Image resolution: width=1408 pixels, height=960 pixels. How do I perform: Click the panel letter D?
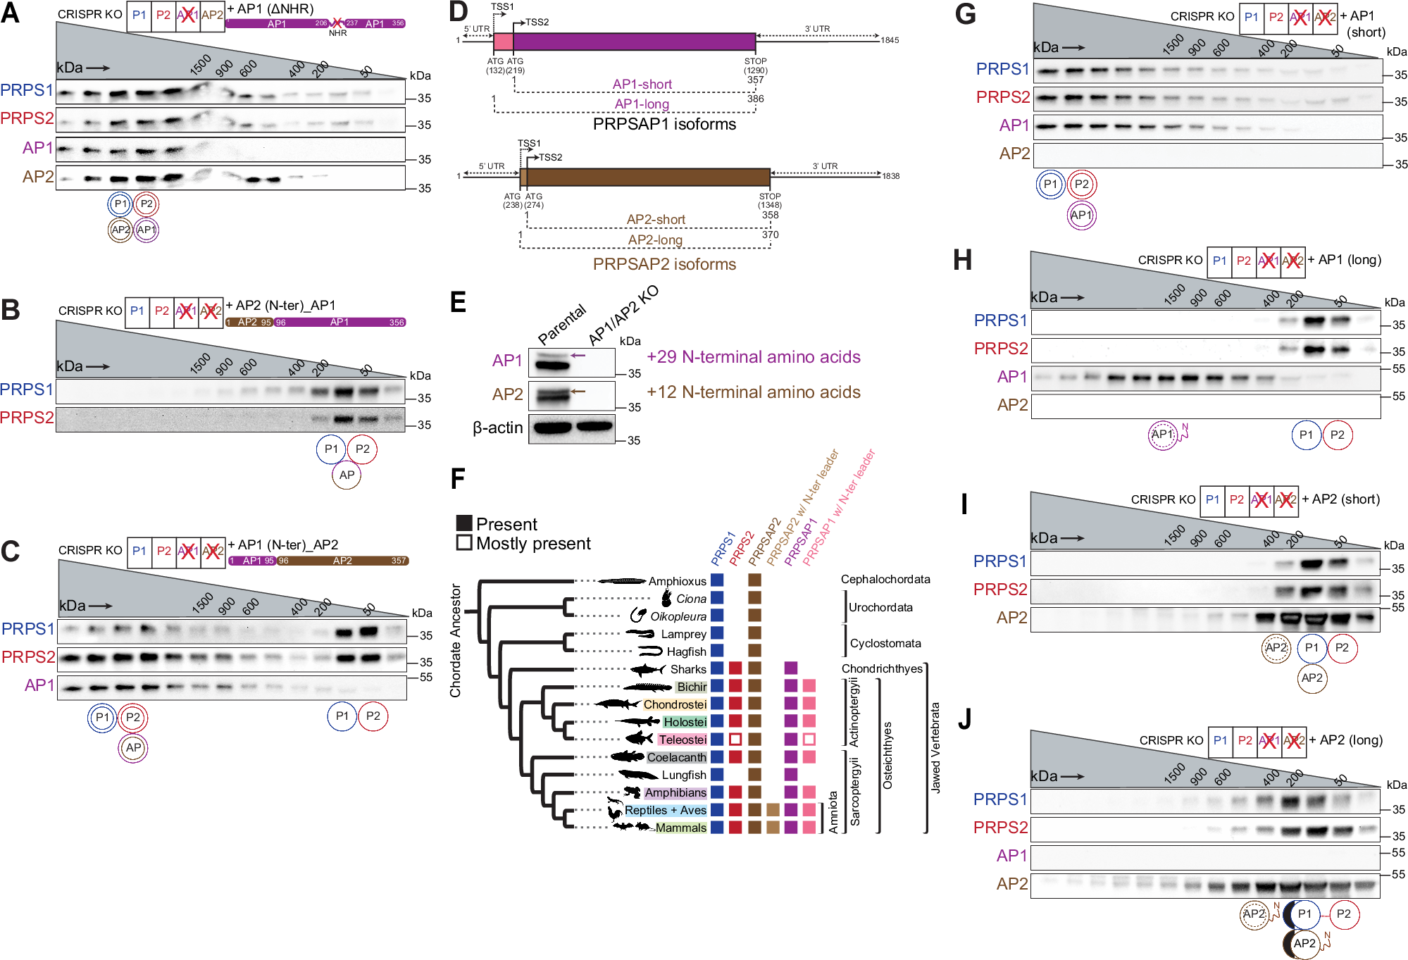tap(458, 12)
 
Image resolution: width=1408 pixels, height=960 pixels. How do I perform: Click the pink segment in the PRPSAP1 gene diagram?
tap(503, 41)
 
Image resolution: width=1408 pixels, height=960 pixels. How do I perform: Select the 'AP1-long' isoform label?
tap(642, 104)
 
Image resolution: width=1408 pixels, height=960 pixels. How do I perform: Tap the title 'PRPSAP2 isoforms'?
tap(664, 264)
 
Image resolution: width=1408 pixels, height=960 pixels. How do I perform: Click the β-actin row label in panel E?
tap(498, 428)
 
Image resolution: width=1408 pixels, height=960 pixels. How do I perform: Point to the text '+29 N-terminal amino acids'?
tap(754, 357)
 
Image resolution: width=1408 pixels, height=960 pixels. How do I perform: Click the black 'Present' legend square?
tap(464, 523)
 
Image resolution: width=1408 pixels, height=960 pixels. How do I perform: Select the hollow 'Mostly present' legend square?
tap(464, 542)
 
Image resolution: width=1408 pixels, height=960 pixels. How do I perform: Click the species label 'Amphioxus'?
tap(677, 581)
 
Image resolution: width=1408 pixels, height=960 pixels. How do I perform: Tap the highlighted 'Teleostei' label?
tap(682, 740)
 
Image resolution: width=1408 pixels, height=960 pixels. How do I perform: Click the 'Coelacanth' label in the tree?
tap(676, 757)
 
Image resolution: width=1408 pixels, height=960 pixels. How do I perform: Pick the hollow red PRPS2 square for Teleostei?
tap(735, 740)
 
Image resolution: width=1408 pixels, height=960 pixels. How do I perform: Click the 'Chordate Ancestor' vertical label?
tap(456, 640)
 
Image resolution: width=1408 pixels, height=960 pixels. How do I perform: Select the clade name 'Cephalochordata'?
tap(885, 579)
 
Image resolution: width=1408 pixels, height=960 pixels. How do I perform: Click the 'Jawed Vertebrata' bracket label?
tap(935, 748)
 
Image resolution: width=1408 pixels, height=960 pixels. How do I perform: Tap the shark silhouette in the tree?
tap(647, 669)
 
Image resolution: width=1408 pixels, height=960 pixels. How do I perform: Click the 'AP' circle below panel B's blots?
tap(347, 475)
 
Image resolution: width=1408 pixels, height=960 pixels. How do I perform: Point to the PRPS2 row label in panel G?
tap(1003, 97)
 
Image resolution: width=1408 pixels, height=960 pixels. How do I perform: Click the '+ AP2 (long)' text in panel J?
tap(1345, 740)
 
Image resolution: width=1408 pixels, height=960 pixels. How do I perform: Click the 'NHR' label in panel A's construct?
tap(337, 33)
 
